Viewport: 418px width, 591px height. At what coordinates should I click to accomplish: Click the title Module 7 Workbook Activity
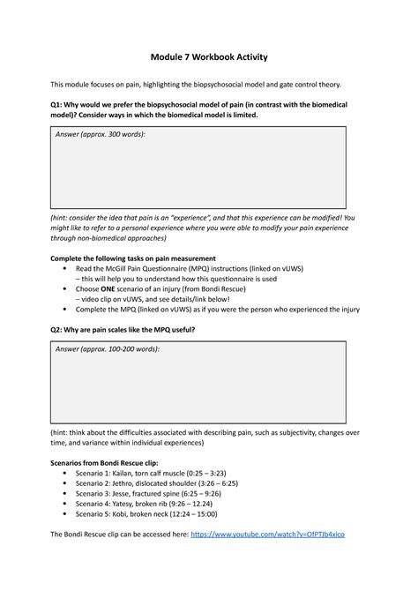(x=208, y=56)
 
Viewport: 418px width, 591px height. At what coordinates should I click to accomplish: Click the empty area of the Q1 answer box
(x=208, y=172)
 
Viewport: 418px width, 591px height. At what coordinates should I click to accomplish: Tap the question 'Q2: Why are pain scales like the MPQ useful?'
(x=123, y=329)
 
